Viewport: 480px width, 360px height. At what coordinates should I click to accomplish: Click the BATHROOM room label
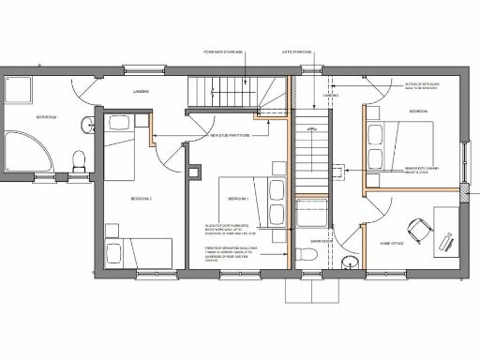point(46,117)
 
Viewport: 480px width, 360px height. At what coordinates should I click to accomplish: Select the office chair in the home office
point(415,229)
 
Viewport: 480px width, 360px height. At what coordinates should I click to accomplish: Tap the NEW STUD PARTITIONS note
point(227,136)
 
